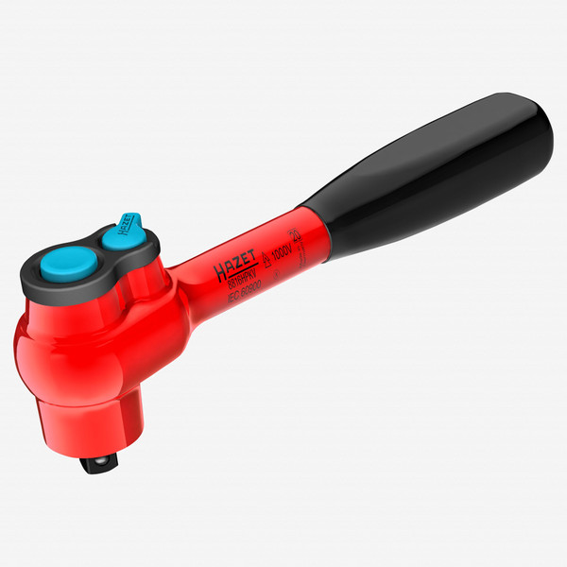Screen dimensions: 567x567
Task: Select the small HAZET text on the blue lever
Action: click(x=123, y=226)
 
